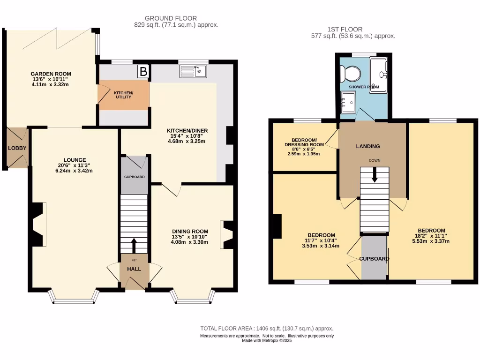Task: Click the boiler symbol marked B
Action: click(143, 72)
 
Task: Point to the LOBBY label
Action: click(17, 148)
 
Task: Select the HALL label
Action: click(134, 269)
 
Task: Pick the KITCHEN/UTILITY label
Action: click(124, 95)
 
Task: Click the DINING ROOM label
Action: click(190, 231)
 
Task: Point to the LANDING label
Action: click(368, 146)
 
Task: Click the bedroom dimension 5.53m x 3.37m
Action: click(431, 241)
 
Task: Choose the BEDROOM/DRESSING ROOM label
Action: click(304, 142)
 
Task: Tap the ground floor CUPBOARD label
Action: click(134, 177)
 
